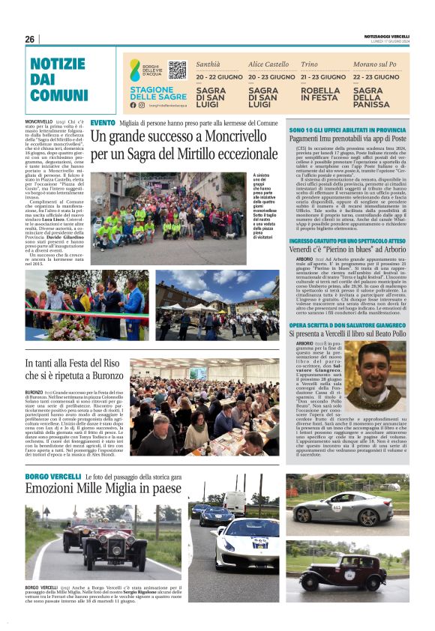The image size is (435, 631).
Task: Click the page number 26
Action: coord(30,39)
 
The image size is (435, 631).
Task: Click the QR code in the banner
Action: coord(177,70)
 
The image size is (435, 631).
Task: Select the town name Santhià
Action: coord(208,64)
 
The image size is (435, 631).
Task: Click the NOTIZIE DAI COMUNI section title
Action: coord(59,79)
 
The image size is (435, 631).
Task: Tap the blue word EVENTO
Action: coord(102,122)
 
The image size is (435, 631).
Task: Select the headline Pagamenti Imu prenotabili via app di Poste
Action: coord(347,139)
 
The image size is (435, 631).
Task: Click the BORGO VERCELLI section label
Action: coord(52,477)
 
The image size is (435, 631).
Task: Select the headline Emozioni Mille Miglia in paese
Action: coord(103,489)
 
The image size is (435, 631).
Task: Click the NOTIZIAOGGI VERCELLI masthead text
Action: coord(386,37)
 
